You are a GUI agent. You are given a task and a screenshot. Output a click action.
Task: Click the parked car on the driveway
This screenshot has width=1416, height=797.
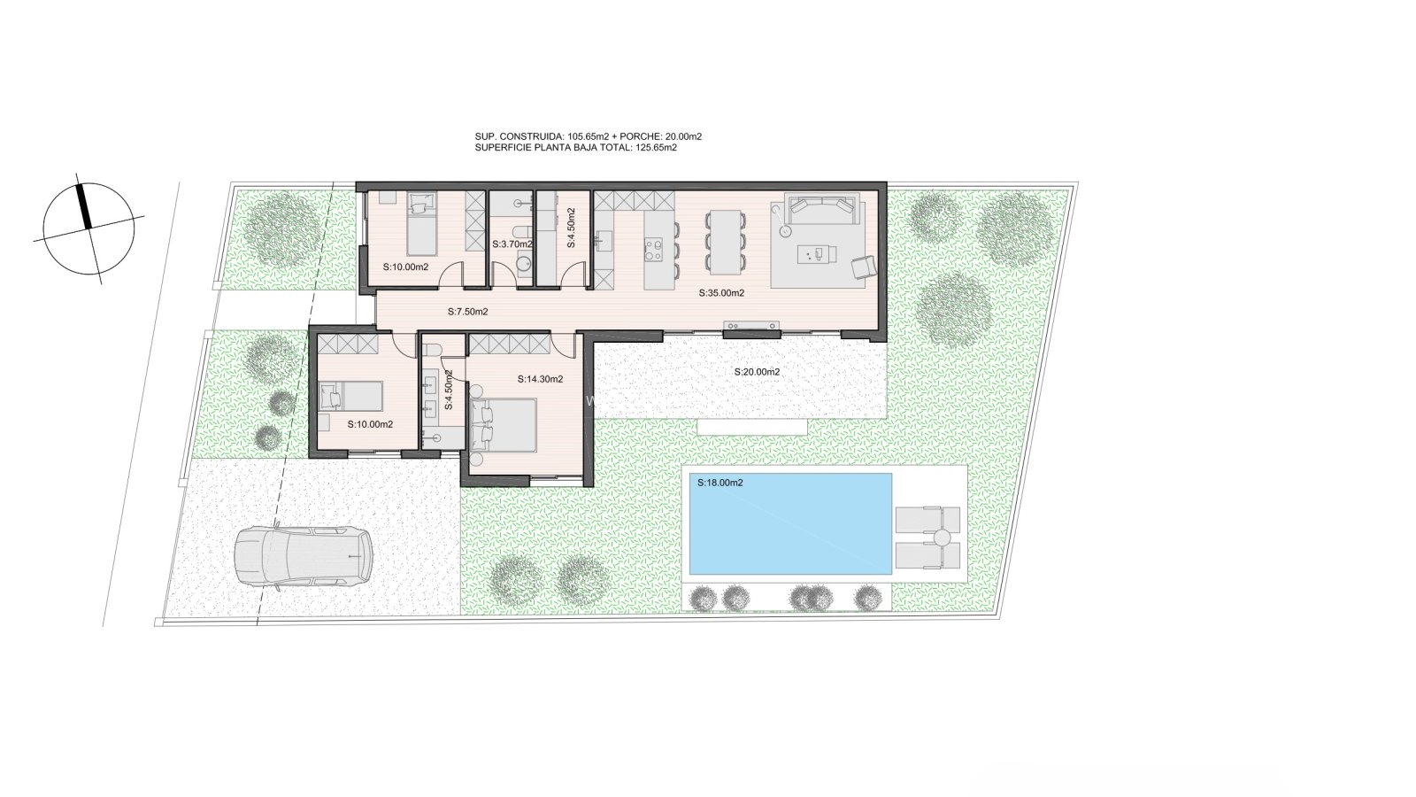pos(304,557)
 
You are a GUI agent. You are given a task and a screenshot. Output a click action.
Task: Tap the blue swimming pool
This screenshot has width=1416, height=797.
pos(790,523)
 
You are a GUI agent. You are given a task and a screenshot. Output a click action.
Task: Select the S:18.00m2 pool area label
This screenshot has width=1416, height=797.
pos(720,483)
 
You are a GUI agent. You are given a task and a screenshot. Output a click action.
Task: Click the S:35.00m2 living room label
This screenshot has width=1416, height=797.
pos(721,293)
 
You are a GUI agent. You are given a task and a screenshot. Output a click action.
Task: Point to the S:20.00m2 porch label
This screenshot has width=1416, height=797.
pos(757,372)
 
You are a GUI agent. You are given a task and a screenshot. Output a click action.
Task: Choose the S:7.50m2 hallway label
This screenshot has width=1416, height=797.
pos(468,311)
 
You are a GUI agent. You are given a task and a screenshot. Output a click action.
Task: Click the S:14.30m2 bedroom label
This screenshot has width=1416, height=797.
pos(540,379)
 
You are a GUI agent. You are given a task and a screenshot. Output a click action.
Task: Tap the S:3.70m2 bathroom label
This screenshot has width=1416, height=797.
pos(512,244)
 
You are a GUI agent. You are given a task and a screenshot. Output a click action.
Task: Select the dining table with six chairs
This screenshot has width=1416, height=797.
pos(724,243)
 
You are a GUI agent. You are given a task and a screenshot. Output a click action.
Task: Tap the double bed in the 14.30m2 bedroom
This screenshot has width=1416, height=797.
pos(504,424)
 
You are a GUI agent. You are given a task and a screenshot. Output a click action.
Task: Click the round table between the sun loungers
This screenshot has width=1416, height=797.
pos(942,538)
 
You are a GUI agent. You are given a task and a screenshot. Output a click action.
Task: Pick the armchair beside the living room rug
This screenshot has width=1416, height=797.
pos(864,267)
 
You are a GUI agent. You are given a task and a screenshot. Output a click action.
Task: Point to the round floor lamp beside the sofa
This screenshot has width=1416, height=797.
pos(785,231)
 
